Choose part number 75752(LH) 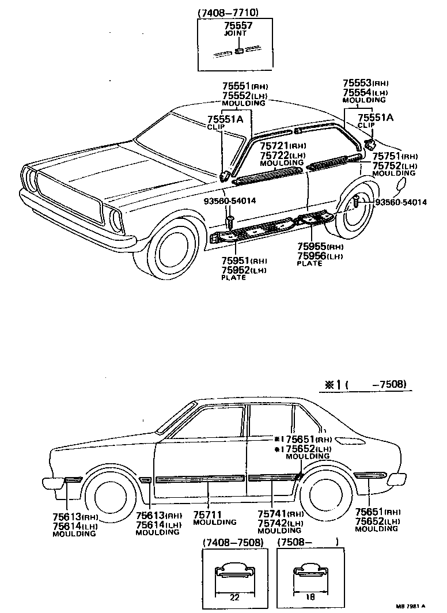[394, 165]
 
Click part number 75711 [208, 514]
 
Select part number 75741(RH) [280, 514]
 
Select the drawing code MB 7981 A [411, 606]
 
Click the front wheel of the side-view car [109, 495]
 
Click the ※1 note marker [330, 384]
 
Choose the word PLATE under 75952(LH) [233, 278]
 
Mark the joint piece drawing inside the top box [237, 51]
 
